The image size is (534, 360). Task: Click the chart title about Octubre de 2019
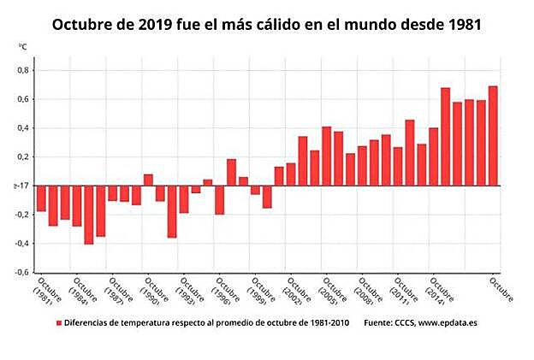point(266,24)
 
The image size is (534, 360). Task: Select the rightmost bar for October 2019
point(493,136)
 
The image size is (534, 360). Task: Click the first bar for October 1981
point(41,198)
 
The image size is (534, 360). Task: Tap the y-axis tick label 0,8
point(23,70)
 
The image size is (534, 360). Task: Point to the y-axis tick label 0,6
point(23,99)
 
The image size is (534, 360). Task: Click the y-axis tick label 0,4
point(23,128)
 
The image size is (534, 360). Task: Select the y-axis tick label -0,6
point(21,273)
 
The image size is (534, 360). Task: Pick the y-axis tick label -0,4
point(21,244)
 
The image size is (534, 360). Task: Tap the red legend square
point(59,323)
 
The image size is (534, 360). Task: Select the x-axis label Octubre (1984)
point(82,292)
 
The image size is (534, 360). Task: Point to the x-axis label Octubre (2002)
point(296,292)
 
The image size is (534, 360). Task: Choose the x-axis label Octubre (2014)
point(438,292)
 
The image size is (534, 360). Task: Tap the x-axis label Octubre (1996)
point(225,292)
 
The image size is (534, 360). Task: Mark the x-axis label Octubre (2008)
point(367,292)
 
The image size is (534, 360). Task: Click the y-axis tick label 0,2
point(23,157)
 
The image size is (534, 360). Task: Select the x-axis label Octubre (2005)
point(332,292)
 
